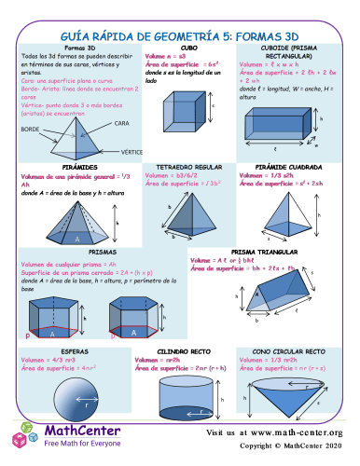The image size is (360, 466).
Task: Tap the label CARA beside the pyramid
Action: point(121,123)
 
